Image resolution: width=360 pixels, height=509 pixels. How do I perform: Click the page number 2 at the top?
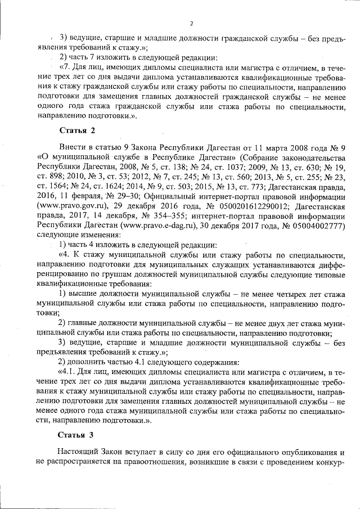coord(192,23)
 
